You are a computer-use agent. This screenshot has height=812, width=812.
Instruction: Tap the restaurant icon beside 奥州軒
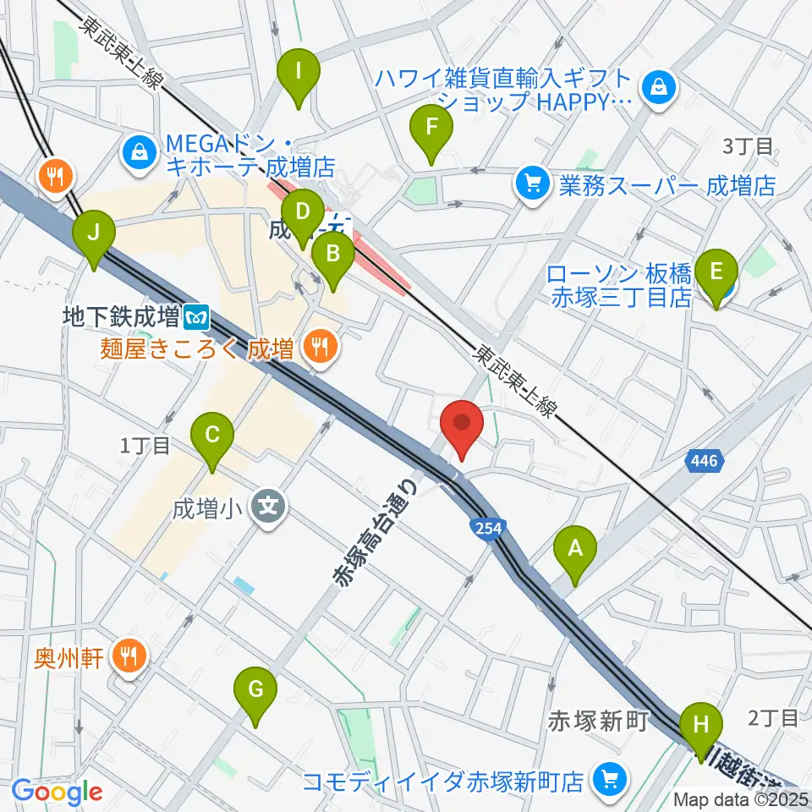click(129, 657)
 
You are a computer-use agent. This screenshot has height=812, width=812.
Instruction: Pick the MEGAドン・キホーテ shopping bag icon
click(137, 151)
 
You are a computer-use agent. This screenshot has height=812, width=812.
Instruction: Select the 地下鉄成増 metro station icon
click(198, 318)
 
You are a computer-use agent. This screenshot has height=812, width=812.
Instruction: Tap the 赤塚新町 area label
click(599, 721)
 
